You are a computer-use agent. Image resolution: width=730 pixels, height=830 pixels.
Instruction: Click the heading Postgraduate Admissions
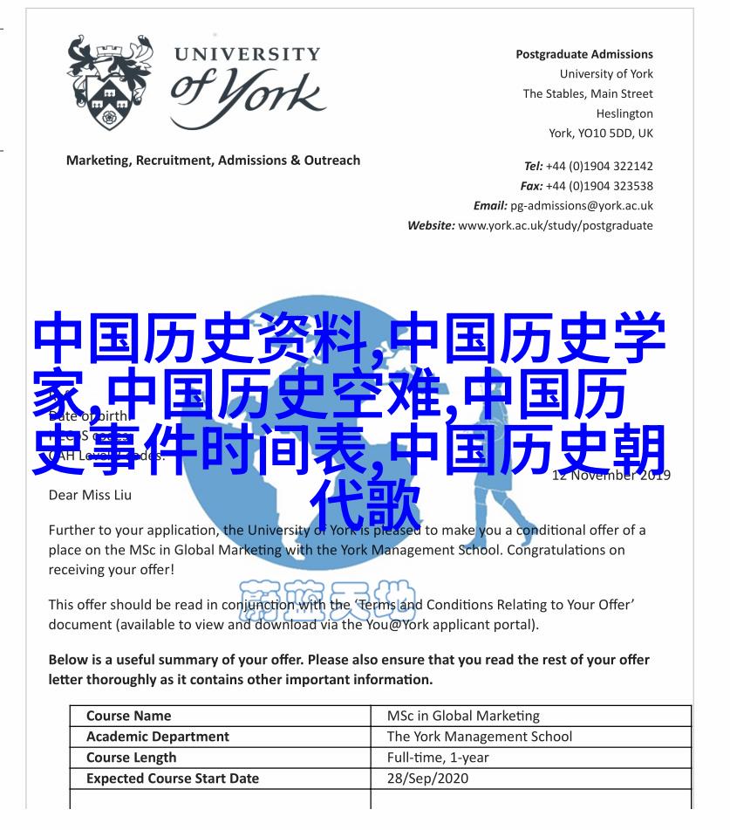(x=583, y=54)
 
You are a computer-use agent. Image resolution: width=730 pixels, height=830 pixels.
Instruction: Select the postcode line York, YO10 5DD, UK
(x=600, y=134)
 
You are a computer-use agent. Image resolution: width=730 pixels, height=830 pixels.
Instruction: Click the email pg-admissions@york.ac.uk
(x=581, y=206)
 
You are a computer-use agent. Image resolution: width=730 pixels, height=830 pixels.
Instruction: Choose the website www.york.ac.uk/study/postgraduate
(x=555, y=225)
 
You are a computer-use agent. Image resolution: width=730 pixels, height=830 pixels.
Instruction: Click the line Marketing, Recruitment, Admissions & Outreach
(x=213, y=161)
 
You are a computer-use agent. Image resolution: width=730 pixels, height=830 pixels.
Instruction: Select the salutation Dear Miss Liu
(x=91, y=495)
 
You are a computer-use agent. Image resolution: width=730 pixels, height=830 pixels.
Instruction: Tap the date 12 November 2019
(x=611, y=476)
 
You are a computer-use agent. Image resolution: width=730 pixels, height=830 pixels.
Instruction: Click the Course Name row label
(x=128, y=716)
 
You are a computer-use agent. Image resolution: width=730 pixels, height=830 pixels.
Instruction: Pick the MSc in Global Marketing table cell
(x=462, y=716)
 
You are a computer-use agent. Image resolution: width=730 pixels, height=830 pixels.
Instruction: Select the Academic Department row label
(x=157, y=737)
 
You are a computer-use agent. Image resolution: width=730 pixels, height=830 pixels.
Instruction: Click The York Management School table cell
(x=479, y=737)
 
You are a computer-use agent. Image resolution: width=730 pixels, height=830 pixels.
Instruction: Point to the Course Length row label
(x=131, y=758)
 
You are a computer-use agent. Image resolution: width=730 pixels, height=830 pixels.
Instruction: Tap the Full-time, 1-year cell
(x=439, y=758)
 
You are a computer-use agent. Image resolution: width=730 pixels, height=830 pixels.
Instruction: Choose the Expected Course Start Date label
(x=172, y=779)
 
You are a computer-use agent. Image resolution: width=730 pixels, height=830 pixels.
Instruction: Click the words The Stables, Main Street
(x=587, y=94)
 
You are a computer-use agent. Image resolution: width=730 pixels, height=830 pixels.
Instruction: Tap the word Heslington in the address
(x=624, y=113)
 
